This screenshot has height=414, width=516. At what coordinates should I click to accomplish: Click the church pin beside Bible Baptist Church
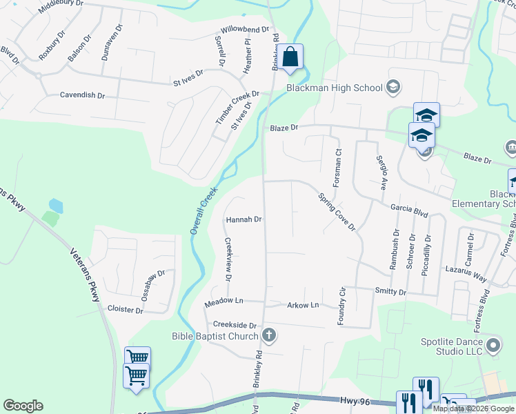point(269,336)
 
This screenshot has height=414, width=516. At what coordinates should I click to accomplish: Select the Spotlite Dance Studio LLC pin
point(493,344)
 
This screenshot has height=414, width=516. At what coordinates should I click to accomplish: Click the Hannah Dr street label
point(244,219)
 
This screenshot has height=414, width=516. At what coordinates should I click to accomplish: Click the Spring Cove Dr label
point(336,211)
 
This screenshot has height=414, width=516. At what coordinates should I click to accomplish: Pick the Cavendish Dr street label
point(82,95)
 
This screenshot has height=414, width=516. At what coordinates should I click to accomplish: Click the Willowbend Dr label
point(244,30)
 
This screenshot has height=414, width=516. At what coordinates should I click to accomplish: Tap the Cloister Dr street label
point(125,310)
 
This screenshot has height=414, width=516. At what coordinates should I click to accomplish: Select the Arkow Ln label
point(303,304)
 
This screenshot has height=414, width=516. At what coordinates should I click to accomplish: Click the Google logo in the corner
point(23,406)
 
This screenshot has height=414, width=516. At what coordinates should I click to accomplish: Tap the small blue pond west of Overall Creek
point(56,206)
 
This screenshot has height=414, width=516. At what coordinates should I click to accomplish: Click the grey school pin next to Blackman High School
point(393,87)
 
